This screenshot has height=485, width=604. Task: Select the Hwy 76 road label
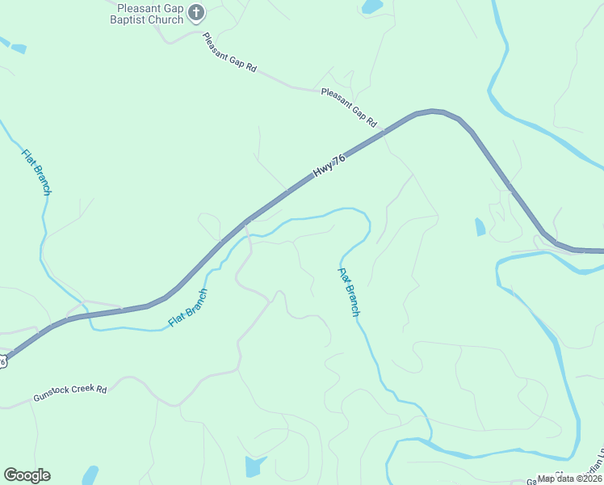(329, 167)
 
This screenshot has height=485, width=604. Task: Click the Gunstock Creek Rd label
(69, 394)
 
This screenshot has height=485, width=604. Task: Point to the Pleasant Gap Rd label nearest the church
(229, 53)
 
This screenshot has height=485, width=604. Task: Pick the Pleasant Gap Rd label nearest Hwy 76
(349, 107)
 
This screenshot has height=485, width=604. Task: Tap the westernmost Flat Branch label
(36, 172)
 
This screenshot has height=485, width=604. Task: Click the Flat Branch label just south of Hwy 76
(188, 308)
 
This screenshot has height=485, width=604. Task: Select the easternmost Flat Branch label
(349, 292)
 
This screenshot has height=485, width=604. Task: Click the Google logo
(27, 475)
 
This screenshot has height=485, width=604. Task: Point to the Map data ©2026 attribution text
(569, 479)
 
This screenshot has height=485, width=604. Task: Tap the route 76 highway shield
(2, 361)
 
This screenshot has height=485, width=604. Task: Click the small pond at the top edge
(372, 7)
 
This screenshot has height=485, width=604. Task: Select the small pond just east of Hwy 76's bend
(480, 227)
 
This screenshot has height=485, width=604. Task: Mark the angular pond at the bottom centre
(254, 466)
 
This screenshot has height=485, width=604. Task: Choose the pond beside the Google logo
(90, 474)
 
